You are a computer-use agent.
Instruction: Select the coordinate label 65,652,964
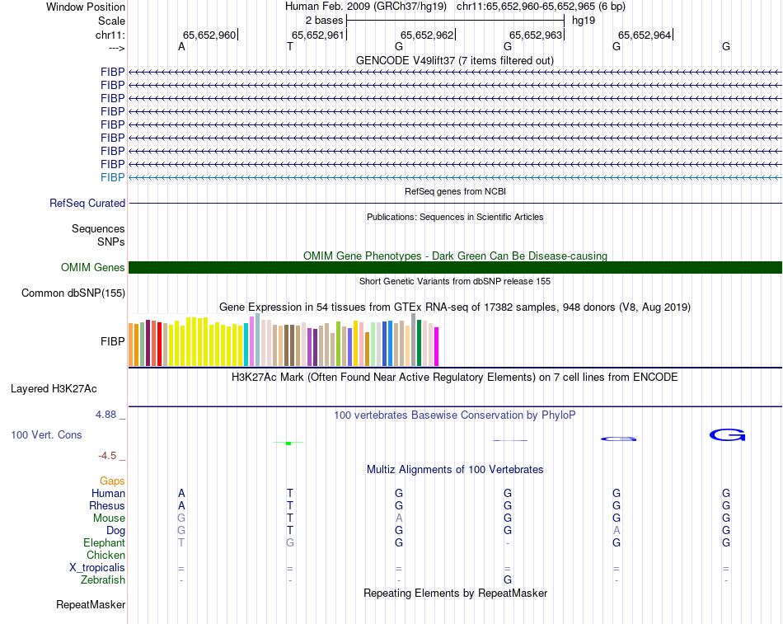pos(645,35)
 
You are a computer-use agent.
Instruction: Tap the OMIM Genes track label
pos(93,267)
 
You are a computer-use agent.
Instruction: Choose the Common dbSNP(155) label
pos(73,293)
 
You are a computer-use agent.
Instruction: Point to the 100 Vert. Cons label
pos(46,434)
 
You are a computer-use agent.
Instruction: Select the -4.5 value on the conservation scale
pos(108,456)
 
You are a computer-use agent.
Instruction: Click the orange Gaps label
pos(112,481)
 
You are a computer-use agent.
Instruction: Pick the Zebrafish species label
pos(103,580)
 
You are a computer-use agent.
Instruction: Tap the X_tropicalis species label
pos(97,568)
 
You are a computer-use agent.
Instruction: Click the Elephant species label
pos(104,543)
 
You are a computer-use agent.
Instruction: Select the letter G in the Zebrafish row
pos(508,580)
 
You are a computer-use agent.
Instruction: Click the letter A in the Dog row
pos(617,530)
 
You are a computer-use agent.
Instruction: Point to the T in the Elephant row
pos(181,543)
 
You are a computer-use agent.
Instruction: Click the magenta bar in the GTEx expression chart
pos(437,346)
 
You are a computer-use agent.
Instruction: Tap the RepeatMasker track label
pos(91,605)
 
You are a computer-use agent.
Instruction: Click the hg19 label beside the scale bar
pos(584,19)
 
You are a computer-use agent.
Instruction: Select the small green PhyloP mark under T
pos(288,443)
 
